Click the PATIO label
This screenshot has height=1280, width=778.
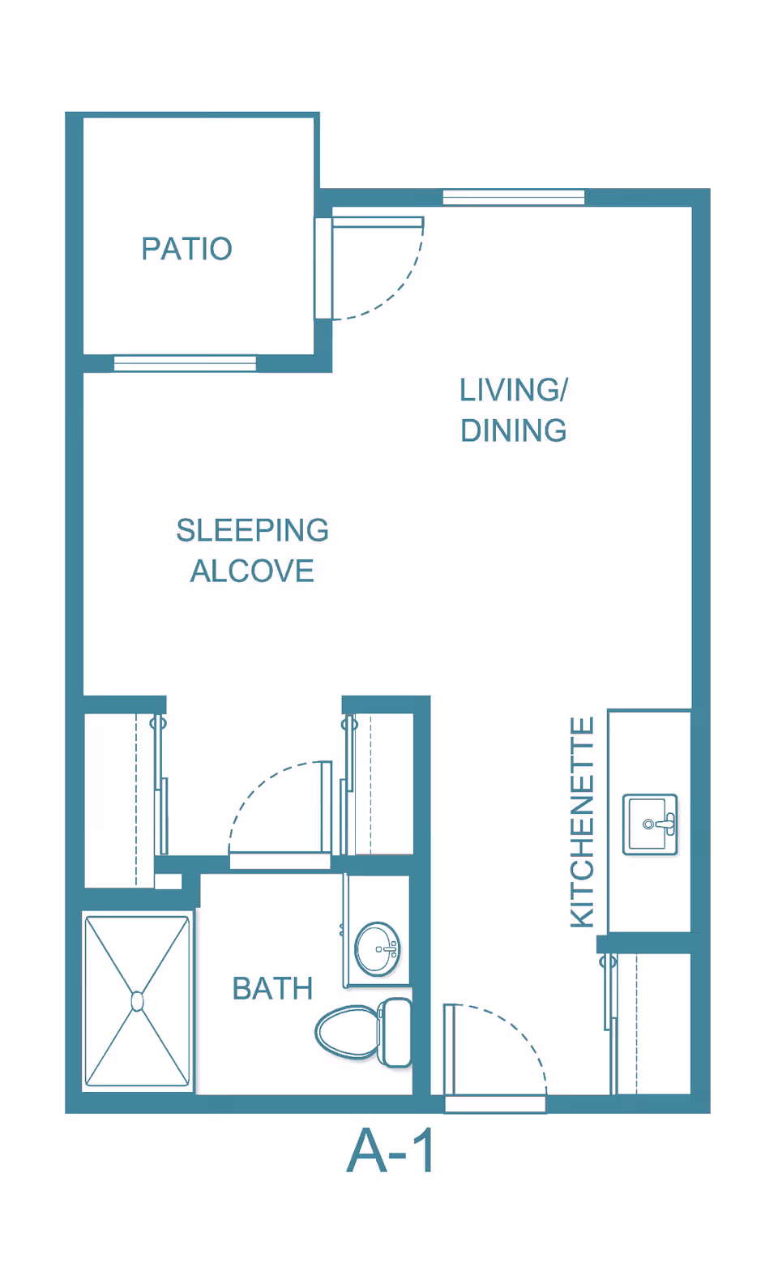tap(186, 249)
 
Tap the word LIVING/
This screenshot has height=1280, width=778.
tap(514, 390)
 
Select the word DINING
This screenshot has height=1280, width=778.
tap(514, 430)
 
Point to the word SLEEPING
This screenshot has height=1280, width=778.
tap(253, 529)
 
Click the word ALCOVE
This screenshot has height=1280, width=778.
tap(253, 571)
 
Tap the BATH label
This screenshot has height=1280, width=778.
tap(272, 988)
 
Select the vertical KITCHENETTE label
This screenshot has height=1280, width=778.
tap(583, 822)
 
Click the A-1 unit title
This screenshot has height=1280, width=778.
tap(390, 1151)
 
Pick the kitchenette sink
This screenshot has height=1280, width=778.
tap(650, 824)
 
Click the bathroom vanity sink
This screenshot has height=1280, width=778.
tap(377, 949)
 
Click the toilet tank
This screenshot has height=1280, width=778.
tap(395, 1033)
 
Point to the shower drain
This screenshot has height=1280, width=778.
tap(137, 1002)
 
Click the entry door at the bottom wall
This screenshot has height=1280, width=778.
tap(449, 1051)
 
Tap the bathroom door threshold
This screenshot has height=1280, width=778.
tap(280, 861)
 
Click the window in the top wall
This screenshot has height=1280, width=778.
tap(514, 197)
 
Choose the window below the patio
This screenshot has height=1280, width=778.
tap(185, 363)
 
